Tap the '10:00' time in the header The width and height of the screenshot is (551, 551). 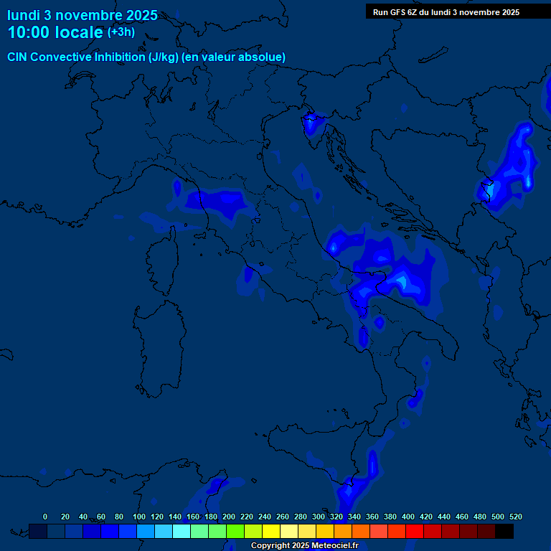29,32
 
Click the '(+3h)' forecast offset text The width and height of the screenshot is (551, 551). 121,32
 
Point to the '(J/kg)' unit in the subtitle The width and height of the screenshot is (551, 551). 164,57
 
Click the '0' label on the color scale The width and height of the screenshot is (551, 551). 45,517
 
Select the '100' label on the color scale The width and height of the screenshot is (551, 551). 139,517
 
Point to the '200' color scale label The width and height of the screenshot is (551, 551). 229,517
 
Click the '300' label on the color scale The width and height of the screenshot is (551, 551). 319,517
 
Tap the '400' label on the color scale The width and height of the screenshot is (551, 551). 408,517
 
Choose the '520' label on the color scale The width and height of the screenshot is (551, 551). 515,517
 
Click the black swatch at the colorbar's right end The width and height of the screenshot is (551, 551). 504,531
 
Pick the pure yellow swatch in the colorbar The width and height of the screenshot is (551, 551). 271,531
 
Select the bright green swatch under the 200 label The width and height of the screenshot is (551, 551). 235,531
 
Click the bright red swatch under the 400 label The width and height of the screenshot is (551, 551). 415,531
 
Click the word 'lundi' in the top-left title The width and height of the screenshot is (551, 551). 23,14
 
